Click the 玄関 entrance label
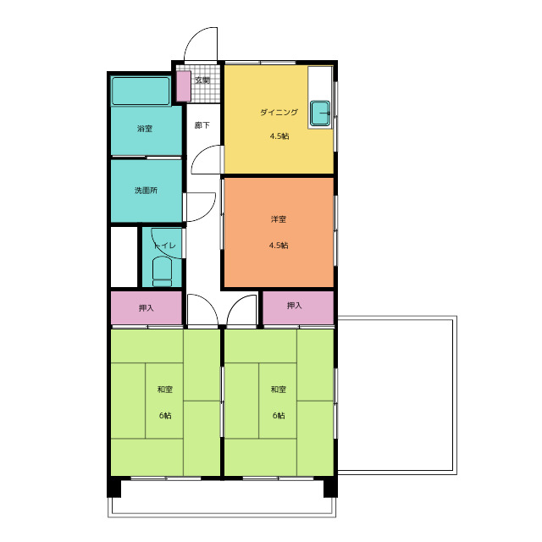pos(202,80)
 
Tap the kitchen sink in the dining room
pos(320,113)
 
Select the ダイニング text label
pos(279,112)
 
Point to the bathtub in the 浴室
pos(141,91)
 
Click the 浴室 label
pos(145,129)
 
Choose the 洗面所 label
pos(146,190)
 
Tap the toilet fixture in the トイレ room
pos(162,272)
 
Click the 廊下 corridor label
pos(202,125)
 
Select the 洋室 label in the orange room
pos(279,219)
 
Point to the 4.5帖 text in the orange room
pos(279,246)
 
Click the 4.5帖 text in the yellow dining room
pos(279,136)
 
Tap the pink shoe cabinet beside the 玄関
pos(184,86)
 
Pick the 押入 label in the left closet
pos(146,307)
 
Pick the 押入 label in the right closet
pos(294,306)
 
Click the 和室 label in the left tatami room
pos(165,390)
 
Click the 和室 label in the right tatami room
pos(279,390)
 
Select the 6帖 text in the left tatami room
pos(165,416)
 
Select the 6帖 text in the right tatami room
pos(279,416)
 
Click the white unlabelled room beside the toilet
pos(124,257)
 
